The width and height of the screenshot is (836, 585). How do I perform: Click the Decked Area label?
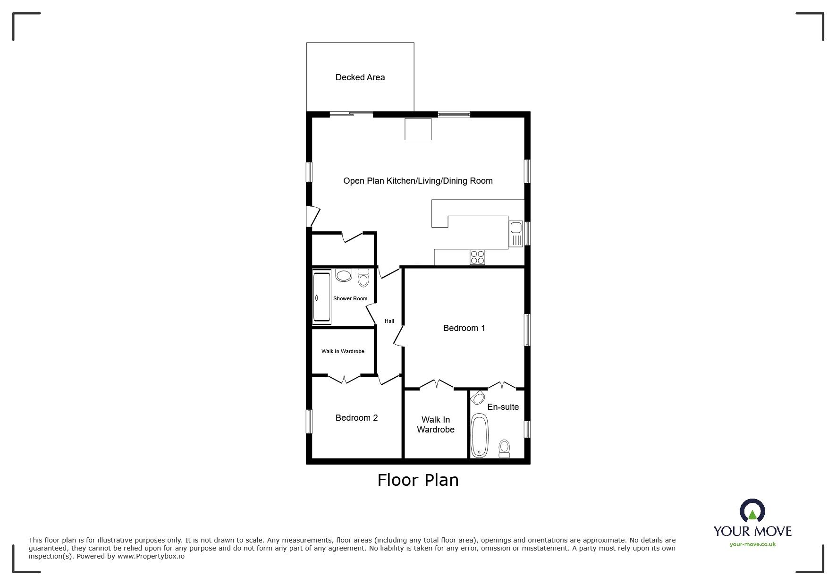pyautogui.click(x=360, y=77)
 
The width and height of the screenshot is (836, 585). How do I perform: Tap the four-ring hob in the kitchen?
pyautogui.click(x=477, y=257)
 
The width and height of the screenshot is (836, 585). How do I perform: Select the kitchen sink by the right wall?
pyautogui.click(x=516, y=234)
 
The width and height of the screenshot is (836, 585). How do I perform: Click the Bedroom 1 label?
pyautogui.click(x=464, y=328)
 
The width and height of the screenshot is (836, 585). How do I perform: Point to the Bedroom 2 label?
pyautogui.click(x=356, y=418)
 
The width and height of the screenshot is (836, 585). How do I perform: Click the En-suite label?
pyautogui.click(x=503, y=407)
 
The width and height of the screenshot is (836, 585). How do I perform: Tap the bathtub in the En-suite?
pyautogui.click(x=479, y=435)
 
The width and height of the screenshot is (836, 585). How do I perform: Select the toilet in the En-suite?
pyautogui.click(x=505, y=449)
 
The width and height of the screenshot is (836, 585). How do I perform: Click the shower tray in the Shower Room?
pyautogui.click(x=322, y=298)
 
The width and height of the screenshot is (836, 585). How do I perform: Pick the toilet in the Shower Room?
pyautogui.click(x=363, y=278)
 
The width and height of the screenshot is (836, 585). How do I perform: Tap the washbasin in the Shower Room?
pyautogui.click(x=344, y=275)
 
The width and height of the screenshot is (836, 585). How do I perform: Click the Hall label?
pyautogui.click(x=389, y=321)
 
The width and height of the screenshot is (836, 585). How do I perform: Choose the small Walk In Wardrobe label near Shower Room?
pyautogui.click(x=343, y=351)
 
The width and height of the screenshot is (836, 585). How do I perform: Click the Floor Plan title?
pyautogui.click(x=418, y=480)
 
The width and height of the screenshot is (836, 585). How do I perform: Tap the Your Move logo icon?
pyautogui.click(x=752, y=511)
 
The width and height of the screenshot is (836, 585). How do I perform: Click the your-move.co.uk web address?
pyautogui.click(x=752, y=544)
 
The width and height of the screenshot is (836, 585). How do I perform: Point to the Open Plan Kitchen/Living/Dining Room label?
pyautogui.click(x=418, y=181)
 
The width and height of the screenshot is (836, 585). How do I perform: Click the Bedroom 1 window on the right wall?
pyautogui.click(x=527, y=330)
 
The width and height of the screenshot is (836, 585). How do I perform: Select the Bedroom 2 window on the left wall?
pyautogui.click(x=309, y=421)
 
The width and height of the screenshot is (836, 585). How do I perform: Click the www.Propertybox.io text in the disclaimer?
pyautogui.click(x=151, y=557)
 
